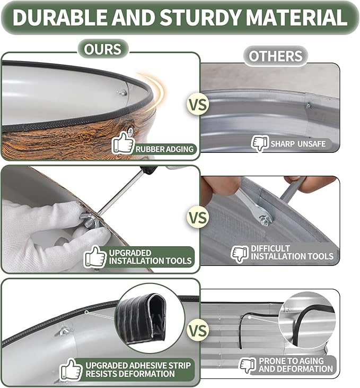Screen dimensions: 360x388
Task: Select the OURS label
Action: point(103,49)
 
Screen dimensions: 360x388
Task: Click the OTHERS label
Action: point(276,56)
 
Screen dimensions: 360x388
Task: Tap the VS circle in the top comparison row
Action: point(198,105)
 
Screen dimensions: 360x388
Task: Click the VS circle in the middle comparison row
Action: point(198,218)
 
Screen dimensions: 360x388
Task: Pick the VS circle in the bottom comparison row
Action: point(198,331)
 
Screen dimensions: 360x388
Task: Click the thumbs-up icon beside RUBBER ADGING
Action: point(123,143)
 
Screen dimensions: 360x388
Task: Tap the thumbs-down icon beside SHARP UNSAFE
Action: point(260,143)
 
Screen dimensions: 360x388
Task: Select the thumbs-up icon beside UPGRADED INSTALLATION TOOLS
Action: point(95,257)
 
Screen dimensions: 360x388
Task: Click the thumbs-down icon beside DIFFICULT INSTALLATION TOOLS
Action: point(239,254)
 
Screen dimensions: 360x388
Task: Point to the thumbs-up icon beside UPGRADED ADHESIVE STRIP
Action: point(71,369)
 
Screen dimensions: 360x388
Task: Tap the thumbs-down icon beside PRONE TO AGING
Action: point(248,365)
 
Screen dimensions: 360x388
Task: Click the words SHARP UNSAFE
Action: point(298,144)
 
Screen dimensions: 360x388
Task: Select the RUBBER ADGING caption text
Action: point(164,149)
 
